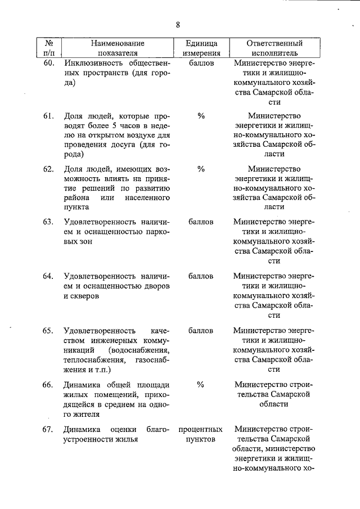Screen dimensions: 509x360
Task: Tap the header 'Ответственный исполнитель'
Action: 274,48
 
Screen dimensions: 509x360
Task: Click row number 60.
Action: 48,63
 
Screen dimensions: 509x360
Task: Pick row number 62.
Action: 48,169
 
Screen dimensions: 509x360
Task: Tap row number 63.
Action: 48,222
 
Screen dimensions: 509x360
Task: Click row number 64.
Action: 48,276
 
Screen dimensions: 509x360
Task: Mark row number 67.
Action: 48,430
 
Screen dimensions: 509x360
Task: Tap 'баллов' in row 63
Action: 201,222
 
